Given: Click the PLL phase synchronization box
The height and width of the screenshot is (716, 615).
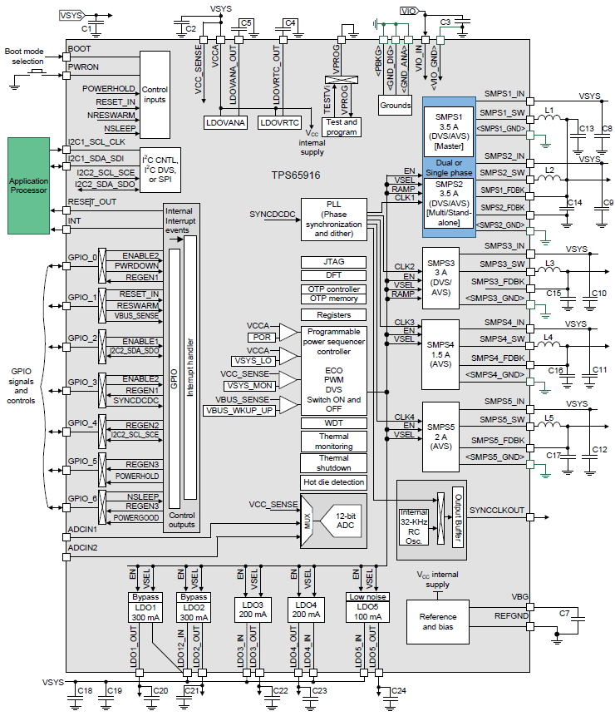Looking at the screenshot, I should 332,219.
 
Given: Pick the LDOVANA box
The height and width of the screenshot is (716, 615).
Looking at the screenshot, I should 224,122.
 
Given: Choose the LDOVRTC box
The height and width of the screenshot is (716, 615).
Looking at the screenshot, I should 278,122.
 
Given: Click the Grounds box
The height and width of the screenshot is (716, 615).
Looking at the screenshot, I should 395,106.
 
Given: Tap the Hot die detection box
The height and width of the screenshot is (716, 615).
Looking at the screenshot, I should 332,482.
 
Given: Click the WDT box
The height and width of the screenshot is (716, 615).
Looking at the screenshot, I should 332,423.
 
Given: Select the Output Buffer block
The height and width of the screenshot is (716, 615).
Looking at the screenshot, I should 456,521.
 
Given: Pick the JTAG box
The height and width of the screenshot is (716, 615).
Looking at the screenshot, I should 332,261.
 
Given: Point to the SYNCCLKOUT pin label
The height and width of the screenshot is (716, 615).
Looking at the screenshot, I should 497,509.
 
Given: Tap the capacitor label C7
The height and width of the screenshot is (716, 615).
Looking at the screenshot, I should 564,613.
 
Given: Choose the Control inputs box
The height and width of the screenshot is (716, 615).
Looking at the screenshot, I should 155,94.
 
